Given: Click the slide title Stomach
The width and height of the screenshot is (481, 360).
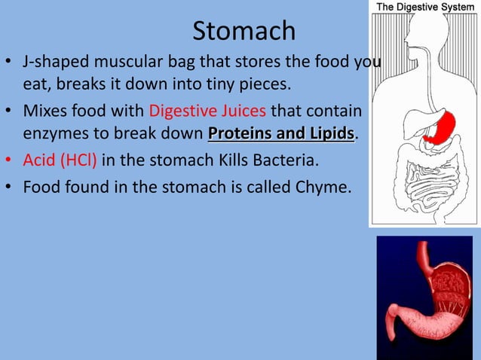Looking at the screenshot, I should [244, 31].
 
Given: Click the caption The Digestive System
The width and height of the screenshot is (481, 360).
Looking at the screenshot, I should [425, 7].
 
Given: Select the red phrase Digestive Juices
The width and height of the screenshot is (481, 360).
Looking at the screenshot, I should [207, 112].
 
